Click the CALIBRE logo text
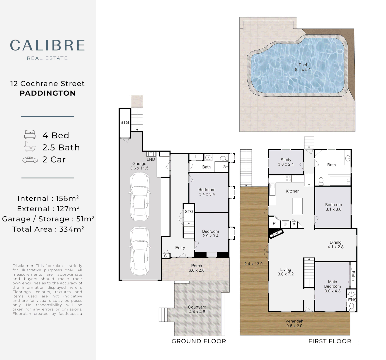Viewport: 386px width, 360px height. tap(47, 45)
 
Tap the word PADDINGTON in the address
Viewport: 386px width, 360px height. tap(48, 93)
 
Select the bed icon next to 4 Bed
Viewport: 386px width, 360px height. tap(30, 134)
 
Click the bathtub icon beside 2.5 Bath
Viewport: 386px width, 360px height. tap(30, 147)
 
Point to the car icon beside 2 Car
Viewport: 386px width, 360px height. tap(30, 160)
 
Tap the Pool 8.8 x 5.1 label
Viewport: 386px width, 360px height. tap(303, 67)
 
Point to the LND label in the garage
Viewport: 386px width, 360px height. tap(151, 159)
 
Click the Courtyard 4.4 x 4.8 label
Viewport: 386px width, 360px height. tap(197, 310)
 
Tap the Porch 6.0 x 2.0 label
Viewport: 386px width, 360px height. tap(196, 268)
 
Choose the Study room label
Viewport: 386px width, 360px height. tap(286, 160)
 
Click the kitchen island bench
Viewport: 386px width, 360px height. tap(297, 206)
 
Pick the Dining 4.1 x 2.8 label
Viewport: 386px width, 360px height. tap(336, 245)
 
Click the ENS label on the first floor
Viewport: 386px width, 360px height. tap(352, 300)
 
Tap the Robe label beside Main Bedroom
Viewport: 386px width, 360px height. tap(353, 276)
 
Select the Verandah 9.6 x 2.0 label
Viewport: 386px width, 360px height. tap(294, 323)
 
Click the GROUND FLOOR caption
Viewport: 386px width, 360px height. tap(199, 341)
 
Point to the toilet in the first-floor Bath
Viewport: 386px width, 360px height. tap(321, 181)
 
